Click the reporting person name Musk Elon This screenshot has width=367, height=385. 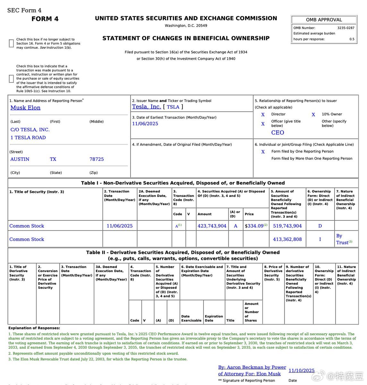(25, 108)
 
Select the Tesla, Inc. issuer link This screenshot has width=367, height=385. (146, 107)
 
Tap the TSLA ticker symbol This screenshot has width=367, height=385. (173, 107)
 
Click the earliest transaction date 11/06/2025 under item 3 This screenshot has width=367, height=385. (145, 124)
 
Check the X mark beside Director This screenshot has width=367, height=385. (263, 115)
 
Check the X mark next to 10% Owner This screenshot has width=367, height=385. (313, 115)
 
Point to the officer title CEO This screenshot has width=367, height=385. (277, 133)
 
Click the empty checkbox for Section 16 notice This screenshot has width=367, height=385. (11, 43)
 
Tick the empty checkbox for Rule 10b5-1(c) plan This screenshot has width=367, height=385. (11, 79)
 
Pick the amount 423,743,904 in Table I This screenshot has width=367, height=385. (212, 226)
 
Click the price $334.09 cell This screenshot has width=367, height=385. (254, 226)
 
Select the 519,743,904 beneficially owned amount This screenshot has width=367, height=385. (287, 226)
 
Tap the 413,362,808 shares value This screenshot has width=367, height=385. (287, 239)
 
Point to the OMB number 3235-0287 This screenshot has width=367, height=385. (346, 28)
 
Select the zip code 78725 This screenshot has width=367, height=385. (97, 159)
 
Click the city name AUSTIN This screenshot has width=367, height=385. (20, 159)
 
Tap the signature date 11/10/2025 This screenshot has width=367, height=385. (301, 371)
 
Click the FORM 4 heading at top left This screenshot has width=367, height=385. (45, 19)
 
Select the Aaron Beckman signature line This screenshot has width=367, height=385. (252, 371)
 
